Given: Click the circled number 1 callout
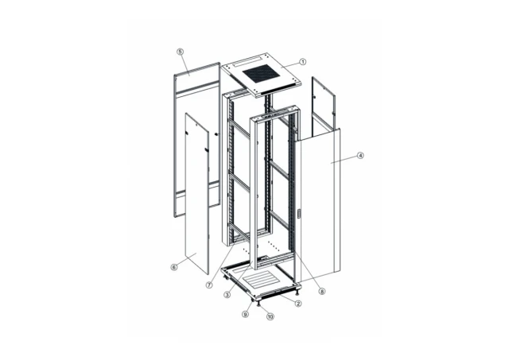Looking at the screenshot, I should tap(303, 61).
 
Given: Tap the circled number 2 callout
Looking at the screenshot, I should tap(298, 304).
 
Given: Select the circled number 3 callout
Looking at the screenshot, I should tap(227, 294).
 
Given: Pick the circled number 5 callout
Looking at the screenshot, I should tap(181, 52).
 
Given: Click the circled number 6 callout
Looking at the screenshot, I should tap(173, 267).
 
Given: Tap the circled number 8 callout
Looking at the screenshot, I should tap(322, 292).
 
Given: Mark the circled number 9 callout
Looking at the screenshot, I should tap(247, 313).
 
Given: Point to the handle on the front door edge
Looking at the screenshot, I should tap(298, 214).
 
